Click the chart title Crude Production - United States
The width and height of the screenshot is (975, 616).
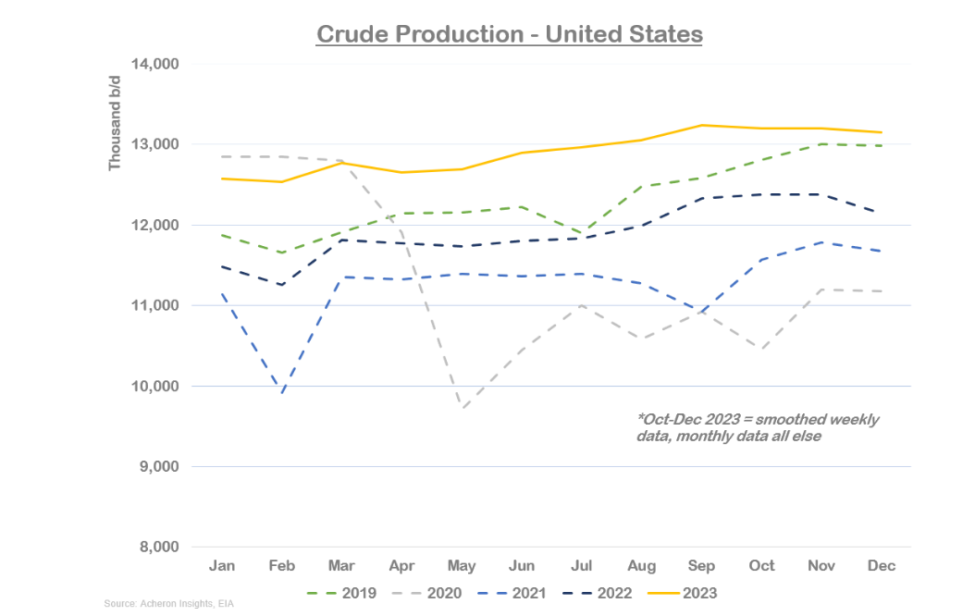510,34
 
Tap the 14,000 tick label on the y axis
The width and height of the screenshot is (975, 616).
154,64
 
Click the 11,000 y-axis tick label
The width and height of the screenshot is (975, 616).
154,305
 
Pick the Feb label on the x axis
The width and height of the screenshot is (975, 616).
281,565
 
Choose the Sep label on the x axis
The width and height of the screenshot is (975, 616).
702,565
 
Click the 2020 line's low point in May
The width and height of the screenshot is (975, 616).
462,408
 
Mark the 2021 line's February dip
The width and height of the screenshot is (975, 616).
281,392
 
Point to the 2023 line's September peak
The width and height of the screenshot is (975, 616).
702,125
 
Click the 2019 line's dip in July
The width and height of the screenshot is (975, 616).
582,234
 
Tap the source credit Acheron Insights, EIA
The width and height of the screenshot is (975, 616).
156,604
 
